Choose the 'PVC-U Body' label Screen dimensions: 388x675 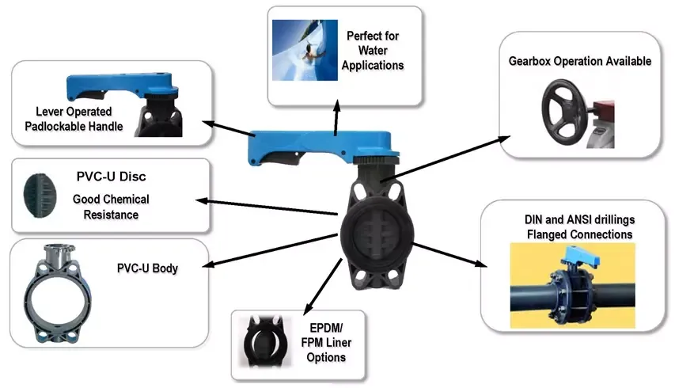coord(146,269)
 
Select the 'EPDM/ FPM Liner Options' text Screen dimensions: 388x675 coord(325,341)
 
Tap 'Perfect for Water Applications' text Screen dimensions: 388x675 coord(375,51)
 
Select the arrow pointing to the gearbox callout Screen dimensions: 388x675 coord(446,156)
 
